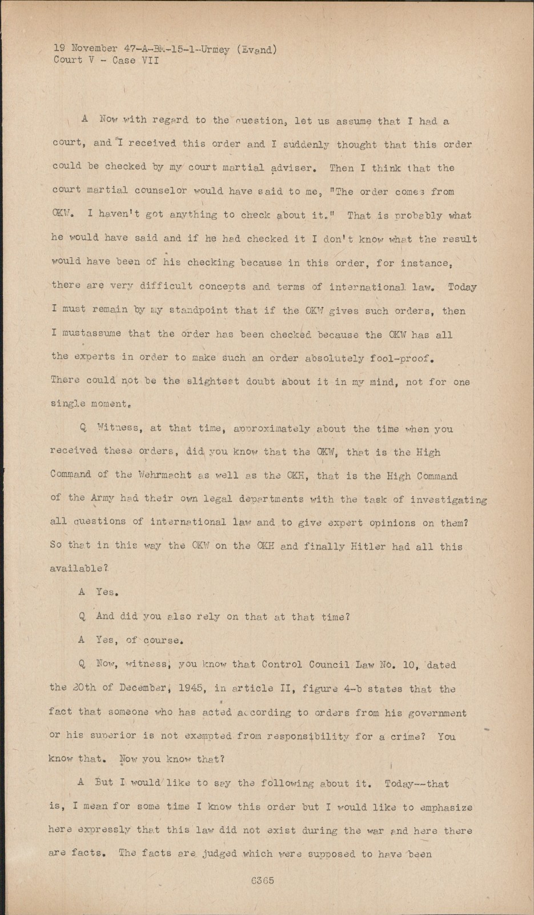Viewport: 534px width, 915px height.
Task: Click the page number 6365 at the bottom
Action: pos(262,880)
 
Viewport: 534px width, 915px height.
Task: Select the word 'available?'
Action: pos(79,568)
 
